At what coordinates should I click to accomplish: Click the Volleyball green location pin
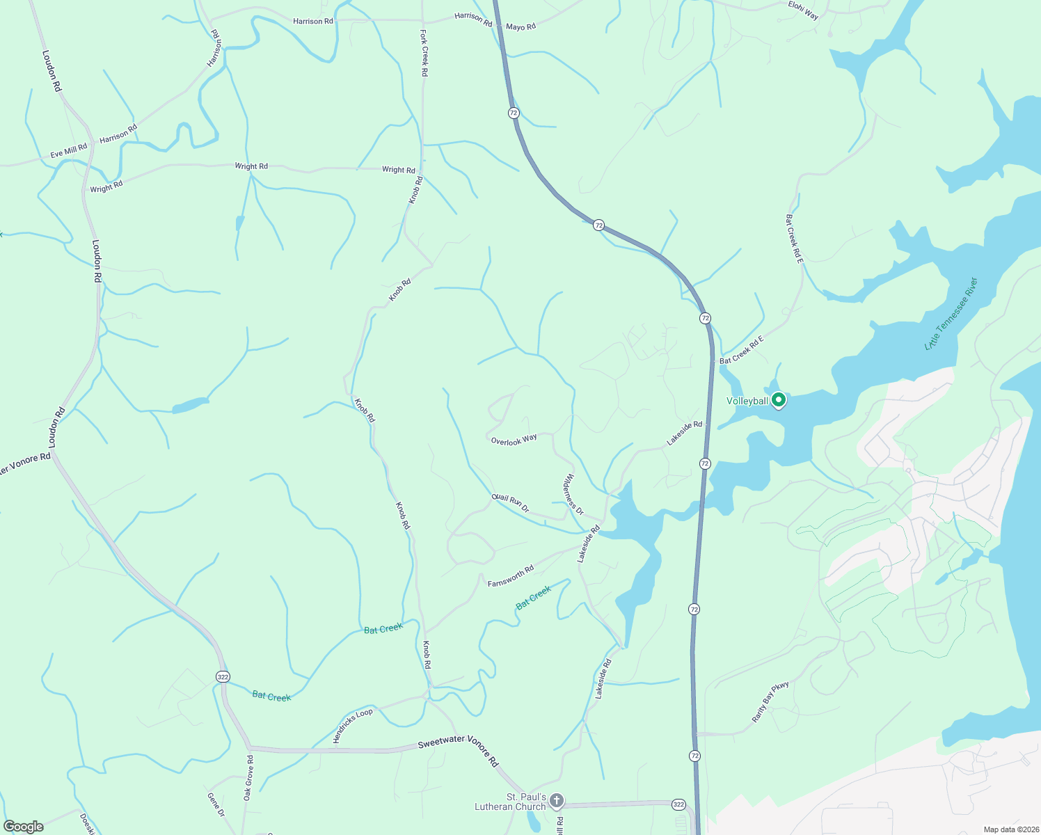pos(779,400)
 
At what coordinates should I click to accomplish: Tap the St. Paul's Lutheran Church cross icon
pos(556,800)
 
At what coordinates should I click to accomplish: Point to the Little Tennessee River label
pos(951,313)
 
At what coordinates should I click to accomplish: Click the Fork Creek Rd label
pos(424,52)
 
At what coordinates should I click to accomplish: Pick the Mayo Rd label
pos(520,26)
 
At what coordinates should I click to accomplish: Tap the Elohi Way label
pos(803,10)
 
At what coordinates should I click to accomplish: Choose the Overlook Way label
pos(514,440)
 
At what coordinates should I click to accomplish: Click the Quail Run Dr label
pos(510,502)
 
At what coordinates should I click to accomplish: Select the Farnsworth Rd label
pos(511,575)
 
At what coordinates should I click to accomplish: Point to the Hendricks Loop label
pos(353,725)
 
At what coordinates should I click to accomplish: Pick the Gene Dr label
pos(216,804)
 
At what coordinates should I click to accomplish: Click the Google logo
pos(24,827)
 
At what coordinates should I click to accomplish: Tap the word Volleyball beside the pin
pos(747,401)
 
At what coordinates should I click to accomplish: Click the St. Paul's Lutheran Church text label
pos(510,802)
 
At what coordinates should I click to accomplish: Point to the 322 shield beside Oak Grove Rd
pos(223,676)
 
